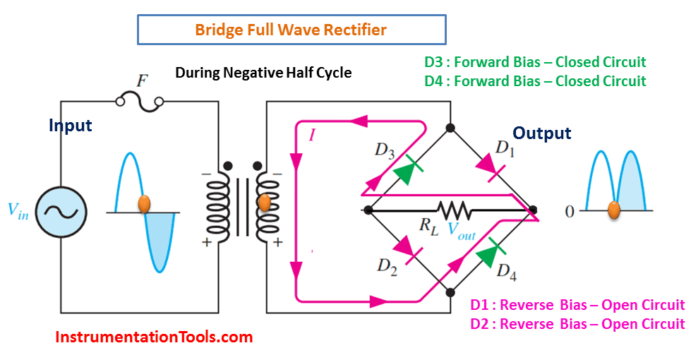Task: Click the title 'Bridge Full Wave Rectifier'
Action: tap(291, 30)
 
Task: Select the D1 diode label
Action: tap(506, 148)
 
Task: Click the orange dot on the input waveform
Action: tap(143, 203)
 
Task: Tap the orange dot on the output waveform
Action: tap(614, 210)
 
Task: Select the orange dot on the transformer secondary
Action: tap(265, 203)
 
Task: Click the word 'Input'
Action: tap(71, 126)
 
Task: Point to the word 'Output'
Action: tap(541, 133)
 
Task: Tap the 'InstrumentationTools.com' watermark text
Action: tap(154, 337)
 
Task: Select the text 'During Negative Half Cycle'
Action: tap(263, 73)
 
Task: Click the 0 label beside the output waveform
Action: tap(570, 211)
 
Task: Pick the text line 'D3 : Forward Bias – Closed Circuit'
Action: tap(535, 62)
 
